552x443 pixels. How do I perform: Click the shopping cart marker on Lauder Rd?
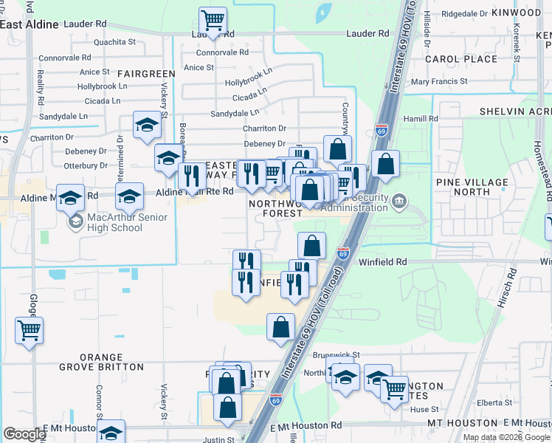click(x=213, y=20)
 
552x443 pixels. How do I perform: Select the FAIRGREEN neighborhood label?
click(x=145, y=74)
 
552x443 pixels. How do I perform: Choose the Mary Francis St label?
click(x=440, y=81)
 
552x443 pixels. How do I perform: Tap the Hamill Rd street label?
click(x=421, y=118)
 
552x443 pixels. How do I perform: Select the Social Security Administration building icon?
click(x=399, y=200)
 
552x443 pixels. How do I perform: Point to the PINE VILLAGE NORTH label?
click(x=473, y=187)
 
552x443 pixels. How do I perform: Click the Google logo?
click(x=24, y=434)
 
